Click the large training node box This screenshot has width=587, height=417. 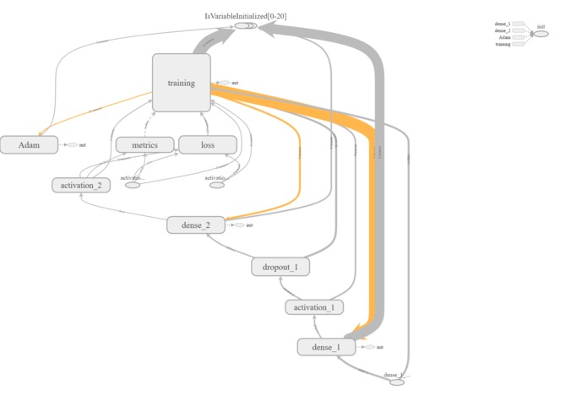(x=181, y=83)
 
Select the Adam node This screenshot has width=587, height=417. (x=28, y=144)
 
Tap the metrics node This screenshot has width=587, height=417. (x=144, y=145)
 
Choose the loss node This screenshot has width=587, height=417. (x=207, y=145)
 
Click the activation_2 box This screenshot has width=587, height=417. (x=81, y=185)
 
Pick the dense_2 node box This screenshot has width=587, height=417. (x=195, y=225)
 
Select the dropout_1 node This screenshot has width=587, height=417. (x=280, y=267)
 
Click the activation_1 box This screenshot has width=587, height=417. (x=313, y=307)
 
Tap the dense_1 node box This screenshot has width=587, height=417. (x=326, y=347)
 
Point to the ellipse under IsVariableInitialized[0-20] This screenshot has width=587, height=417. (x=245, y=26)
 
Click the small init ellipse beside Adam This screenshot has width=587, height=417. (x=73, y=145)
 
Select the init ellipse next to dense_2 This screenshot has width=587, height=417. (x=239, y=225)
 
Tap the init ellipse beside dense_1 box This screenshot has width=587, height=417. (x=368, y=347)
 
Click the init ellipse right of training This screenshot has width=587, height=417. (x=224, y=83)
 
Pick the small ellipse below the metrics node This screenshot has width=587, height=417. (x=133, y=185)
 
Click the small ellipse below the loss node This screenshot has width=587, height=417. (x=217, y=185)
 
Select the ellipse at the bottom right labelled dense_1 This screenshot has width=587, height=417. (x=397, y=382)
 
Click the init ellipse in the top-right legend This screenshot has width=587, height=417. (x=541, y=33)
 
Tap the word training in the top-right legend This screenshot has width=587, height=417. (x=503, y=44)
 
